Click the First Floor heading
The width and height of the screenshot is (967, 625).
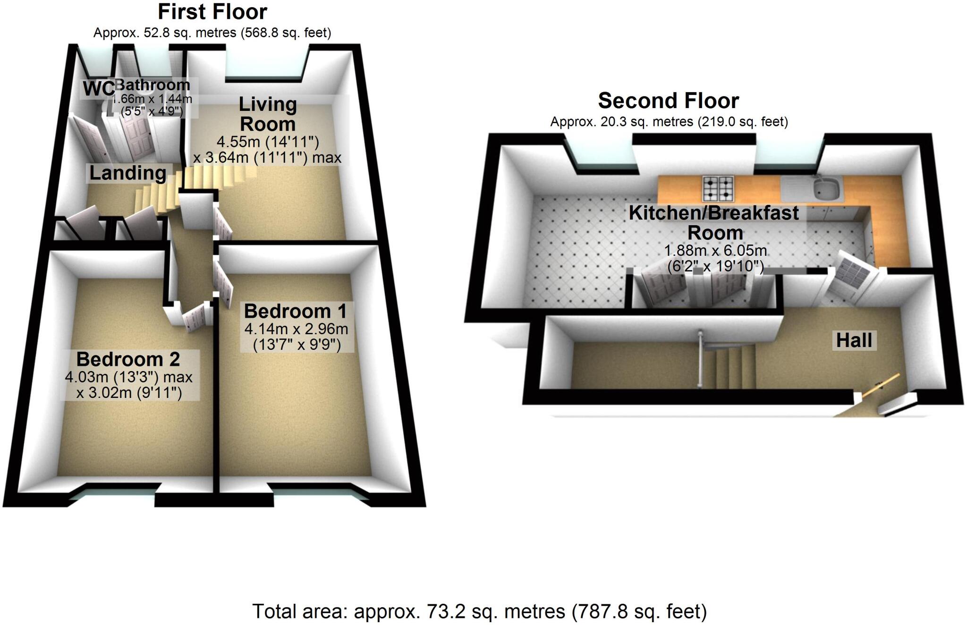tap(212, 12)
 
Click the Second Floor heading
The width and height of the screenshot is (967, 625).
tap(668, 101)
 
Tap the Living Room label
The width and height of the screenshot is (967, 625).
tap(268, 114)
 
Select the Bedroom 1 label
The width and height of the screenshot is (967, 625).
tap(296, 312)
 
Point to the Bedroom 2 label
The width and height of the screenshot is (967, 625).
tap(128, 360)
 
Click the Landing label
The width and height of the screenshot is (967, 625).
tap(127, 173)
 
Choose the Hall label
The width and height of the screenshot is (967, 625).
tap(854, 340)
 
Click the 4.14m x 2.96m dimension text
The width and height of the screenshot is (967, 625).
tap(296, 329)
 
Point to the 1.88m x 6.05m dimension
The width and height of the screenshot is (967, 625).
tap(715, 250)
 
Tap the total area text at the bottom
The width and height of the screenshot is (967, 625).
tap(479, 611)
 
